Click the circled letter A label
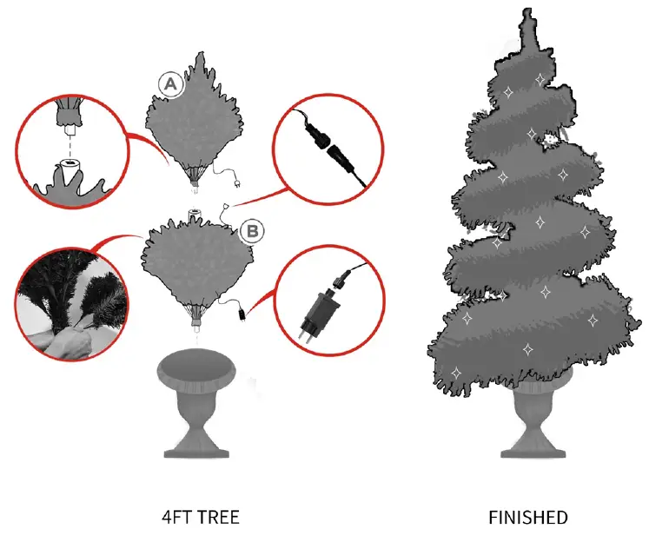(170, 83)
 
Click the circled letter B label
(251, 230)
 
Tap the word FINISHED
(528, 518)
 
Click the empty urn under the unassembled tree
(199, 396)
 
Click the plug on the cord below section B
(240, 311)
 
